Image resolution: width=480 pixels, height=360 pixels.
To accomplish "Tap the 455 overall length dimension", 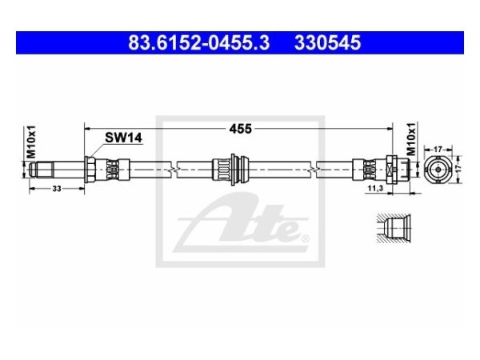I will [241, 126].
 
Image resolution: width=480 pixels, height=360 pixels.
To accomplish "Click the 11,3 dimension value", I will [376, 186].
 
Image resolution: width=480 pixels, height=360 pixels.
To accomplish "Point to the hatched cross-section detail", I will [393, 227].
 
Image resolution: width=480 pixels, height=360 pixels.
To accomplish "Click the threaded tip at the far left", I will [33, 169].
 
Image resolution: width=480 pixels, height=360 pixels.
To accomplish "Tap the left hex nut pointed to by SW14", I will [90, 169].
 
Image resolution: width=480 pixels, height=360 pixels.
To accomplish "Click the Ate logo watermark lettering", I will [240, 226].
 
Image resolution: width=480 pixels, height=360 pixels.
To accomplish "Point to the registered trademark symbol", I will [302, 237].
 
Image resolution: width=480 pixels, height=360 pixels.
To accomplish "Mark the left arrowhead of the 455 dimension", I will [87, 126].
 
